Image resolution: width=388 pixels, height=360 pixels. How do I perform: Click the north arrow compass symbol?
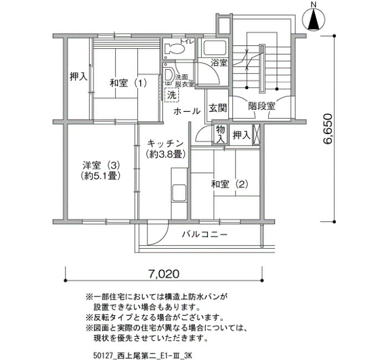(314, 18)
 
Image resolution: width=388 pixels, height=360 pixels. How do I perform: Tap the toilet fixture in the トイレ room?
(175, 48)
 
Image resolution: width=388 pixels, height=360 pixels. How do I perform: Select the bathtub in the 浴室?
(215, 47)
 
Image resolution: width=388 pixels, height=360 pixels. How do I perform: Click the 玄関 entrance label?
(218, 108)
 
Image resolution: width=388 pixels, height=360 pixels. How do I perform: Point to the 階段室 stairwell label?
(262, 106)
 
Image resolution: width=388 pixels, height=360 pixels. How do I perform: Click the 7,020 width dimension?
(164, 274)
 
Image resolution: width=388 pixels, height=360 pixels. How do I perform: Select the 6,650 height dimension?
(328, 129)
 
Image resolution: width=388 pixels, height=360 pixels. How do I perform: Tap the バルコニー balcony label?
(205, 234)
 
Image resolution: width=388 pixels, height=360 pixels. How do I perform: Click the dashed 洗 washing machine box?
(171, 95)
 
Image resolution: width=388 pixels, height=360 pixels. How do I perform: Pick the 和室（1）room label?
(128, 83)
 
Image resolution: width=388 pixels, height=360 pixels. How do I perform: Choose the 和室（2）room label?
(229, 184)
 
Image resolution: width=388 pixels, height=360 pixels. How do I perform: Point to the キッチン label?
(165, 143)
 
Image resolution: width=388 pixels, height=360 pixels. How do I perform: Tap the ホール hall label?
(187, 111)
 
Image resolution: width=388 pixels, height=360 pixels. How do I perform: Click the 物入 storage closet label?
(221, 134)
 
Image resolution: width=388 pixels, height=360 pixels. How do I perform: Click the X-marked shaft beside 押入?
(256, 135)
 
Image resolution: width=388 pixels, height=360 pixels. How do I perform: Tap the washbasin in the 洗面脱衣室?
(169, 74)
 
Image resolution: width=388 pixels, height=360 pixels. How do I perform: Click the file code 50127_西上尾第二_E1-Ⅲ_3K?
(143, 356)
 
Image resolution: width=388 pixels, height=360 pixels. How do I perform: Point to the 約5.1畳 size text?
(100, 176)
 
